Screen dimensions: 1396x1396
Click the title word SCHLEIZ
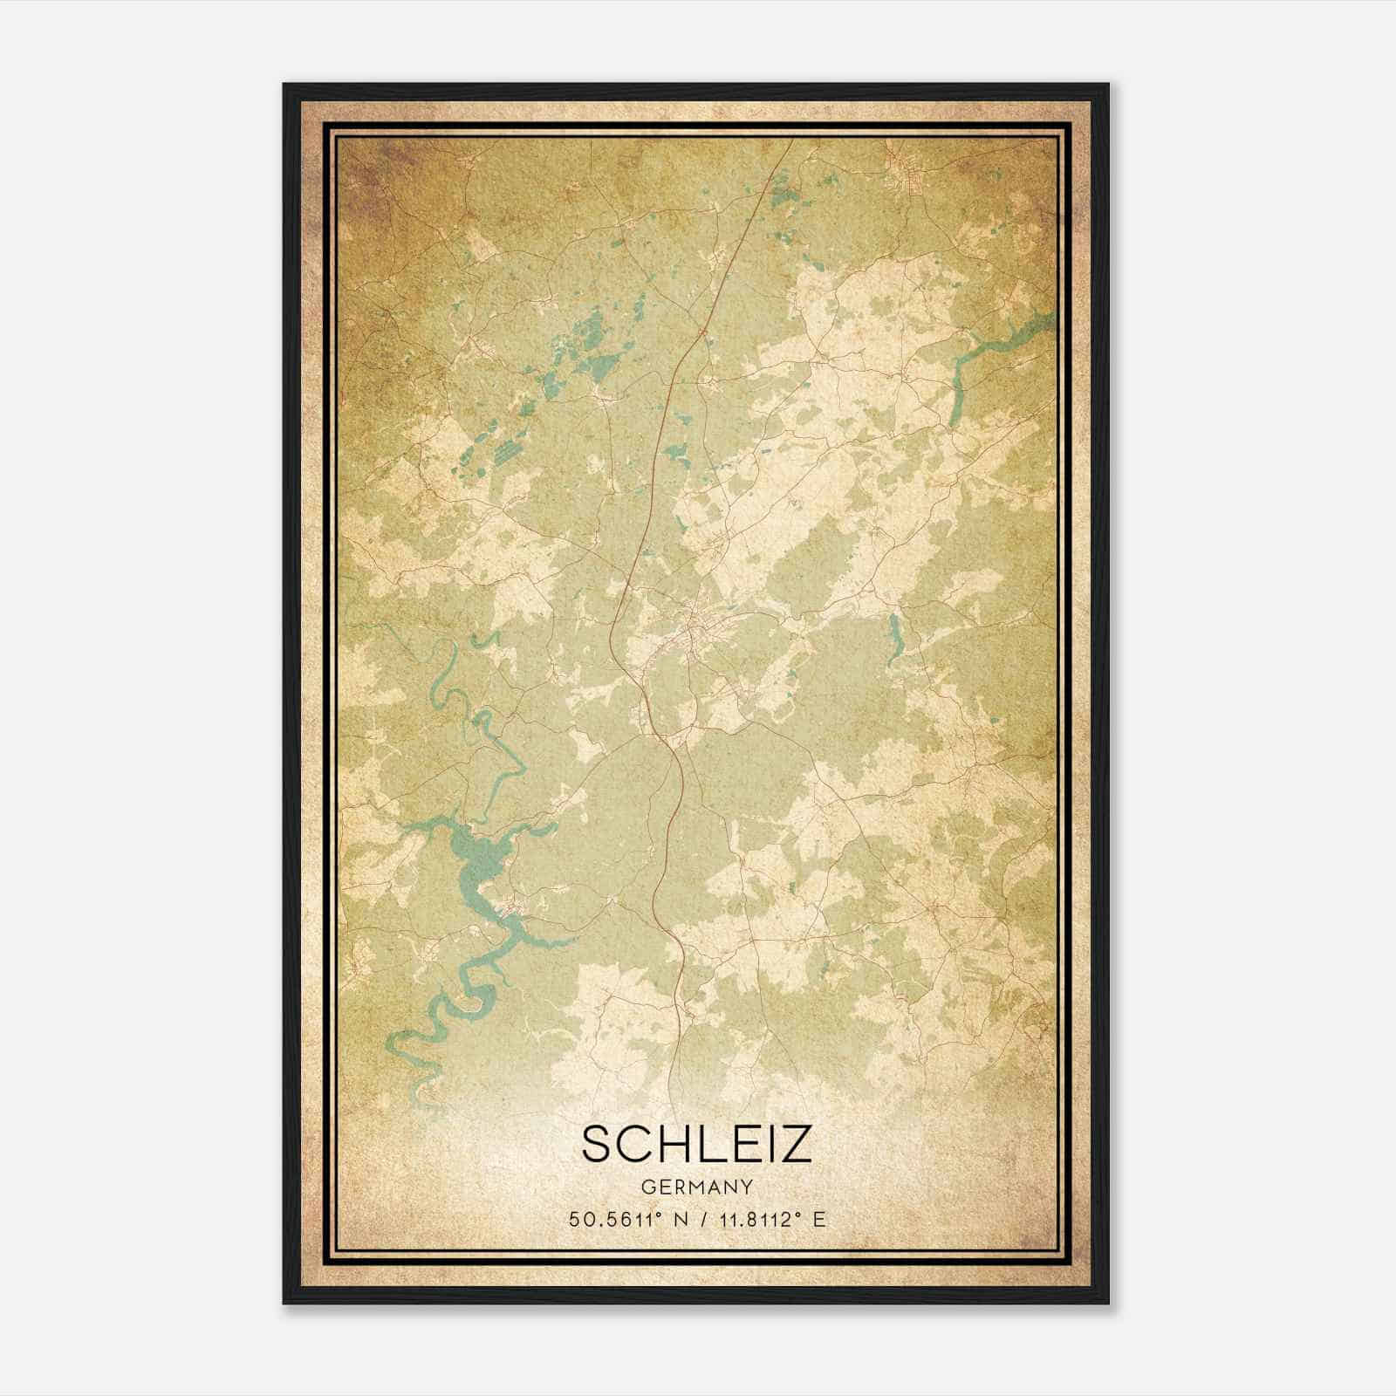pos(696,1144)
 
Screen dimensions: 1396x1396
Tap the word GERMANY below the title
pos(696,1187)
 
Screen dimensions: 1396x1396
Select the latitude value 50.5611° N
pos(623,1220)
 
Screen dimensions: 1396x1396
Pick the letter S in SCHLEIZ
pos(596,1144)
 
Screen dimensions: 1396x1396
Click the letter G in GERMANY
pos(647,1187)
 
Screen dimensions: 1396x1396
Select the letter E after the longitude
pos(818,1220)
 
